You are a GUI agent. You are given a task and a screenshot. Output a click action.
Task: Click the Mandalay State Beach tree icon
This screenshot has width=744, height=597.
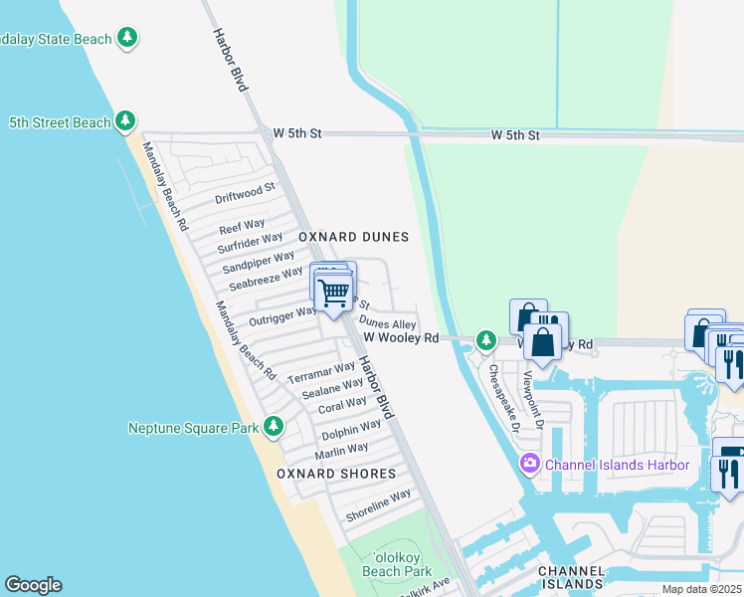tap(126, 39)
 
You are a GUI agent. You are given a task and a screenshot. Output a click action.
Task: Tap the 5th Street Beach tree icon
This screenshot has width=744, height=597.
tap(124, 121)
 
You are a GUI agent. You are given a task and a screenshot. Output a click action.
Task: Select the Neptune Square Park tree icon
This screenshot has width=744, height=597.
tap(274, 427)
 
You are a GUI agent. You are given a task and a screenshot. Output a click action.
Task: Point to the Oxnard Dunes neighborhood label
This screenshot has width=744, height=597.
tap(354, 237)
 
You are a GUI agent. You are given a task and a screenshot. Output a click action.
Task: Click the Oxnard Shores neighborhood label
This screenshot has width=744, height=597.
tap(336, 474)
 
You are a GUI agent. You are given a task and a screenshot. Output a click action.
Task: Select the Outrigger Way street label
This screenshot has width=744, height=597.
tap(282, 315)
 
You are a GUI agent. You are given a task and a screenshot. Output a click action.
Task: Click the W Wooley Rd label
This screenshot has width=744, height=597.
tap(401, 338)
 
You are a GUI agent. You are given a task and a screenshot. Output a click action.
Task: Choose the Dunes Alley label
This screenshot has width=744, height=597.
tap(388, 324)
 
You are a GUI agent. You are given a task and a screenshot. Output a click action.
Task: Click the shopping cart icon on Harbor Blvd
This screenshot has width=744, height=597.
tap(333, 292)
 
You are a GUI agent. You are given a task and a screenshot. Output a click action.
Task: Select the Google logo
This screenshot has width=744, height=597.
tap(33, 585)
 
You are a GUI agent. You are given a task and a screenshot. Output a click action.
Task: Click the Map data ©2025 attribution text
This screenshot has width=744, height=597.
tap(701, 589)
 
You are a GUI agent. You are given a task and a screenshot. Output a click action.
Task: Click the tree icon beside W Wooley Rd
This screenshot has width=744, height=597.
tap(485, 341)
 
